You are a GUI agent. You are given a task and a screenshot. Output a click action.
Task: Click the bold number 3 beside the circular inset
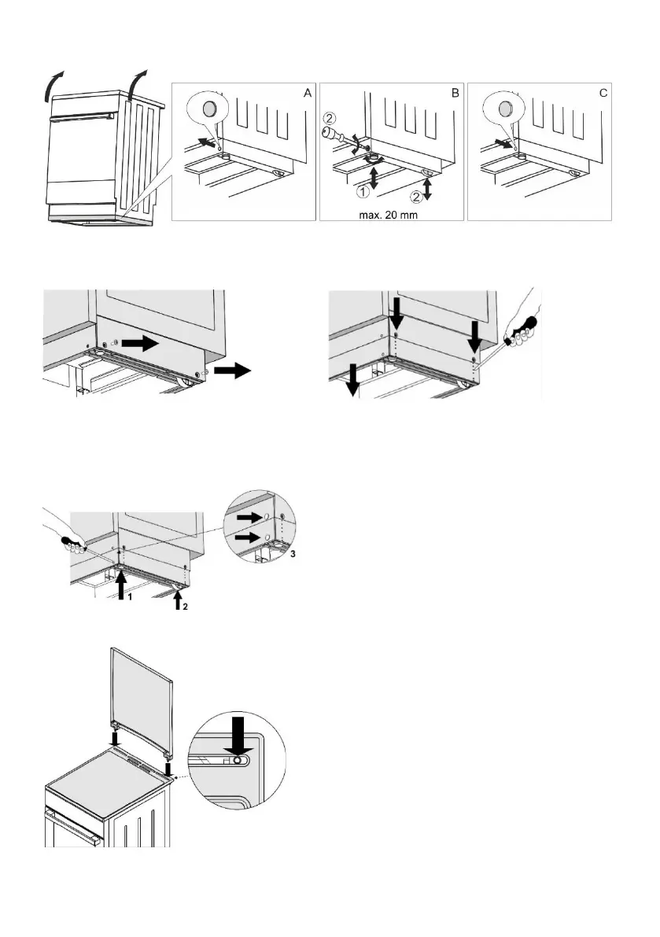[x=294, y=555]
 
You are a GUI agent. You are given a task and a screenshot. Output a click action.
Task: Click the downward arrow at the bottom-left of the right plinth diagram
[x=353, y=382]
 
